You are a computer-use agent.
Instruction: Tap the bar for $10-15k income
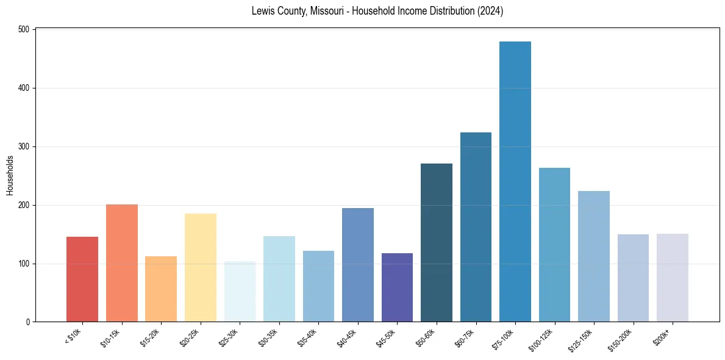click(122, 263)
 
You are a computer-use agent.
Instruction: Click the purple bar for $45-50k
click(397, 287)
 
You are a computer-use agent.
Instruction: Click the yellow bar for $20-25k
click(201, 268)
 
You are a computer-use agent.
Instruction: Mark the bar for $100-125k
click(554, 245)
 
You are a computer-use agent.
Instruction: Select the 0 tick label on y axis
click(29, 322)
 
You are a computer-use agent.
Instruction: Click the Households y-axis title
click(10, 176)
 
